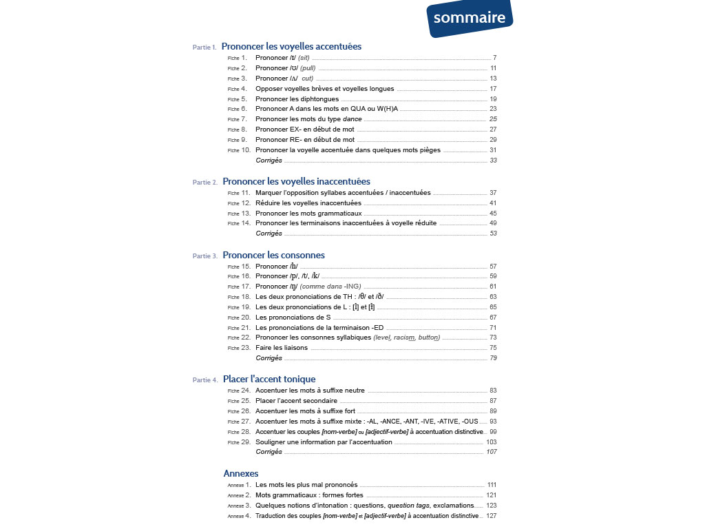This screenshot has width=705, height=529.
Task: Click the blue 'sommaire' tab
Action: click(x=469, y=18)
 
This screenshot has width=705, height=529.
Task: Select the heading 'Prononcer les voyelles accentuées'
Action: click(x=291, y=46)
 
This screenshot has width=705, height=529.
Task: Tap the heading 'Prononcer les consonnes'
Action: click(x=273, y=255)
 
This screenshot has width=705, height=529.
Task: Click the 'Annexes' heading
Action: click(x=241, y=473)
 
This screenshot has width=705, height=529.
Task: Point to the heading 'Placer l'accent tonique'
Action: click(x=269, y=379)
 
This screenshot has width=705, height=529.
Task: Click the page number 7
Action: click(x=494, y=58)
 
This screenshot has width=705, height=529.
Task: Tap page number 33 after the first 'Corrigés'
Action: click(x=493, y=160)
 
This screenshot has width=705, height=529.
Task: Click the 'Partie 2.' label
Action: click(x=205, y=183)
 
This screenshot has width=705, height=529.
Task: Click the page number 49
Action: click(x=493, y=223)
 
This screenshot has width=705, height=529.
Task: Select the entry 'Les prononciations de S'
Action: click(x=293, y=318)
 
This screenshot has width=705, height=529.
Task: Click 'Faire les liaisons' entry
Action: click(x=282, y=348)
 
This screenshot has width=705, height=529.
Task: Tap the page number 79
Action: click(x=493, y=358)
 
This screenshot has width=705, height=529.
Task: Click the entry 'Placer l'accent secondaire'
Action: click(x=296, y=400)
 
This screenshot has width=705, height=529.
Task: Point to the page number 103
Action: click(x=492, y=442)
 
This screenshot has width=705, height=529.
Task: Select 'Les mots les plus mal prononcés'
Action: click(x=306, y=485)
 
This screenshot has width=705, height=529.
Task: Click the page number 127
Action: click(x=492, y=516)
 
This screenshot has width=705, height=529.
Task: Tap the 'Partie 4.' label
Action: click(x=205, y=380)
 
